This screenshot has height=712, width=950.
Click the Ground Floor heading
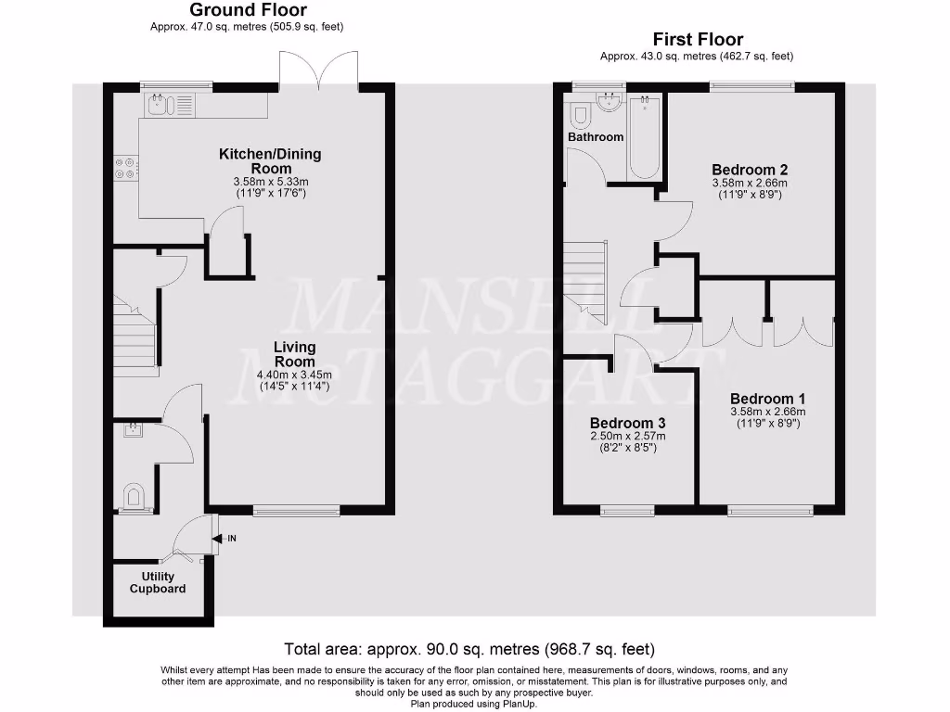(247, 10)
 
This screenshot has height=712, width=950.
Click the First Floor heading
(698, 39)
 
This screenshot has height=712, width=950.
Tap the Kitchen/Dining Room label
(270, 161)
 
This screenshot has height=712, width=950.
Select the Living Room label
(294, 354)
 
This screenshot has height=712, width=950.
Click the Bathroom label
(596, 137)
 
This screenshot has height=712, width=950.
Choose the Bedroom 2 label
(750, 170)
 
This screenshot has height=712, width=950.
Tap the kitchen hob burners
(125, 167)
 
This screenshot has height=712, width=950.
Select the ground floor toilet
(135, 497)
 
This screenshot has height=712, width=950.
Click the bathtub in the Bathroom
(644, 136)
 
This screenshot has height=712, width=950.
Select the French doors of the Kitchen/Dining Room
(318, 70)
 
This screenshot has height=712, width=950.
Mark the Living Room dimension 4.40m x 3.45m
(294, 375)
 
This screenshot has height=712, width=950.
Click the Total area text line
(474, 649)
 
